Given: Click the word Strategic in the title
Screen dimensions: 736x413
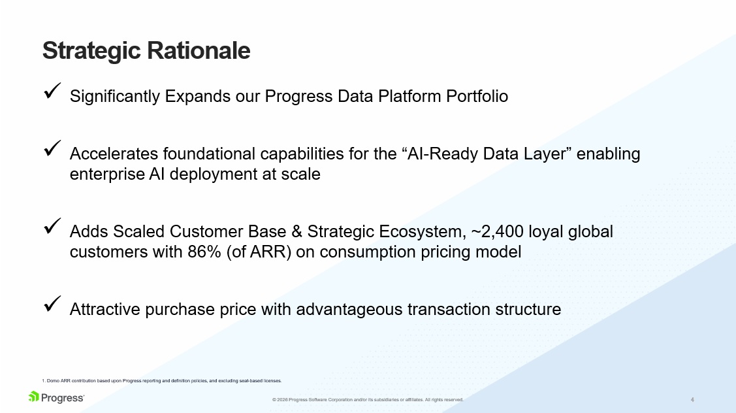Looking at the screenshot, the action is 91,51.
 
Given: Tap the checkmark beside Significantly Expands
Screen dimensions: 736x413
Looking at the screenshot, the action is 52,91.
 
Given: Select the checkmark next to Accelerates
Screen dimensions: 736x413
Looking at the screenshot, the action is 52,148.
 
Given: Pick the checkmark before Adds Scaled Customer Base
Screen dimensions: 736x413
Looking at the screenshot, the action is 52,226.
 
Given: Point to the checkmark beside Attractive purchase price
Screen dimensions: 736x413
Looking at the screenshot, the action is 52,303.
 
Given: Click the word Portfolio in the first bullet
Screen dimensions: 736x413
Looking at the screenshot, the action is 477,96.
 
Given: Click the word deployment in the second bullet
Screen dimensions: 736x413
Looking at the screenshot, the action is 214,174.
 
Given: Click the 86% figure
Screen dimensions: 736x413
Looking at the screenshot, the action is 204,252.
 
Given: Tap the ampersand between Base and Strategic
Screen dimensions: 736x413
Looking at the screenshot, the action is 296,231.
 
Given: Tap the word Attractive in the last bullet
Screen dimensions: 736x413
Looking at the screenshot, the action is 105,309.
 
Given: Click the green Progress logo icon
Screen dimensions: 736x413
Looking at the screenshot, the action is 34,397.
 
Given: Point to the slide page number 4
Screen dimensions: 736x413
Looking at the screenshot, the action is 692,400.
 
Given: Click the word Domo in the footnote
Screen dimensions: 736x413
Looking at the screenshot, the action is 53,380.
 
